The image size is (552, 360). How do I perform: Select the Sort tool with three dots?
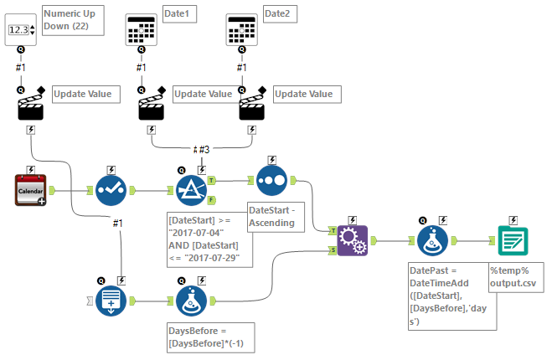coord(271,179)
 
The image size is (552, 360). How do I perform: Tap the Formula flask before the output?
coord(433,239)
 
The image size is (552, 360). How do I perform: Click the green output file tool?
coord(512,239)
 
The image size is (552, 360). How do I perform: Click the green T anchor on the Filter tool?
coord(211,179)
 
